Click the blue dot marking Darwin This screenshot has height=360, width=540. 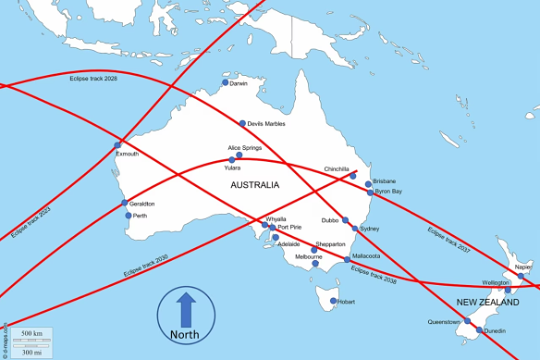point(224,83)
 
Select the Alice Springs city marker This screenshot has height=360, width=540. point(239,155)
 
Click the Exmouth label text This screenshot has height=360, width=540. point(127,155)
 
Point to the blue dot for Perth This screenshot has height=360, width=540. point(129,216)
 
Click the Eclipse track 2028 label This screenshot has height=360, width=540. point(93,79)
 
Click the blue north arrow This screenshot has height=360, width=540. point(185,306)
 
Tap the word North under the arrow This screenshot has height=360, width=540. point(185,332)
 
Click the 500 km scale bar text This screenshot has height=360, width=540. point(32,332)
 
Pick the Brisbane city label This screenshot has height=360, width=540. point(385,181)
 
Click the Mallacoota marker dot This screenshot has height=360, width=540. point(348,259)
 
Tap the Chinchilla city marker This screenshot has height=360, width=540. point(353,176)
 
